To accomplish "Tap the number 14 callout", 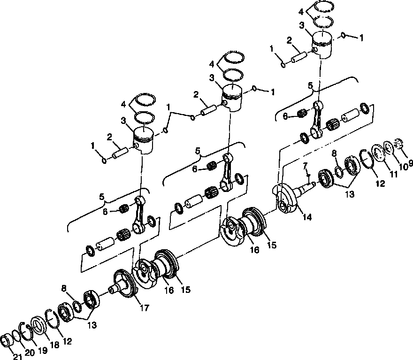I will pyautogui.click(x=306, y=217).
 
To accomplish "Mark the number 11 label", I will pyautogui.click(x=393, y=174).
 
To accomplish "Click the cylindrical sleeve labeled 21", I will pyautogui.click(x=7, y=341).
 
